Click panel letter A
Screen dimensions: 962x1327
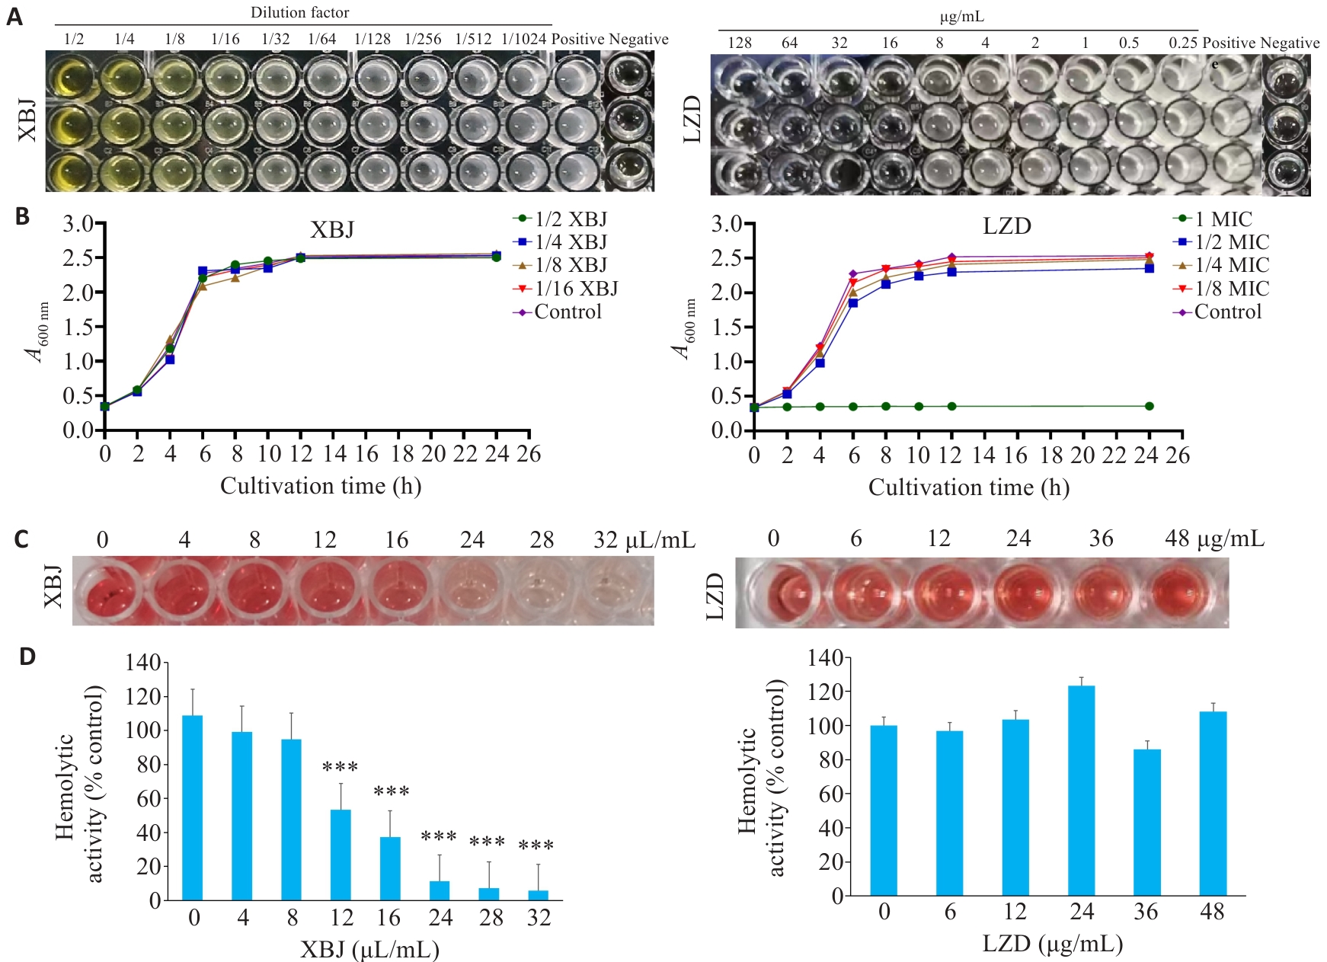click(14, 17)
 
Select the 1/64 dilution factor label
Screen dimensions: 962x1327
click(322, 40)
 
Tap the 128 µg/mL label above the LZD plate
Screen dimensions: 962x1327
click(740, 43)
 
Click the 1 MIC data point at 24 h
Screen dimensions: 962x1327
click(1149, 406)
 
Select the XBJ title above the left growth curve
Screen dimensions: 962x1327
click(332, 230)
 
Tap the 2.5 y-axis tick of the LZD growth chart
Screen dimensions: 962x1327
click(727, 258)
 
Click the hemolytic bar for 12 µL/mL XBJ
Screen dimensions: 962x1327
click(341, 855)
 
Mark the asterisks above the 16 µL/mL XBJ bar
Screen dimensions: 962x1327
click(392, 792)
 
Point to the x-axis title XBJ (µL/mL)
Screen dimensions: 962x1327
click(369, 949)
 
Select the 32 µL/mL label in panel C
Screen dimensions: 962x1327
click(644, 540)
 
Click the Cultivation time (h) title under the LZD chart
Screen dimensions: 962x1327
click(968, 487)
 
